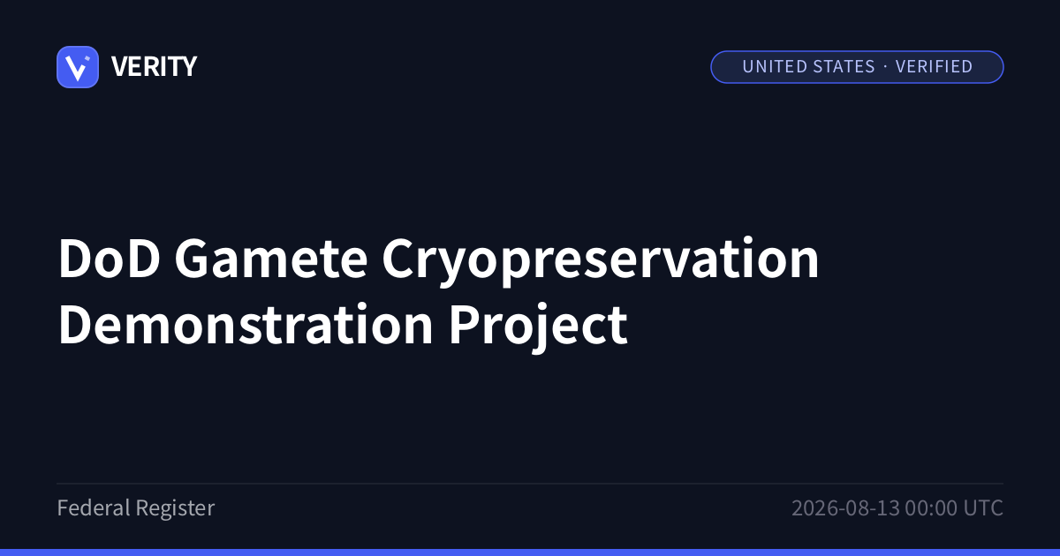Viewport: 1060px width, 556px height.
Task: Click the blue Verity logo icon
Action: pos(78,67)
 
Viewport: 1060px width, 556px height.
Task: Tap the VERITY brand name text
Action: pos(154,67)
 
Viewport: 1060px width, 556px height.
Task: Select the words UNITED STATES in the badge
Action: pos(808,67)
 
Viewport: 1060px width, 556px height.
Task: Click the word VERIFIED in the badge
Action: pos(935,67)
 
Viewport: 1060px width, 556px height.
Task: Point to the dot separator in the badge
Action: pos(885,67)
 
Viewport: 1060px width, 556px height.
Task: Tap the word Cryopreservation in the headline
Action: pos(600,261)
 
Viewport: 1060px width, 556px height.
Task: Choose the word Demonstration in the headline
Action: pos(246,326)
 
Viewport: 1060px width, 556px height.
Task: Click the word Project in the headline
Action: pos(538,327)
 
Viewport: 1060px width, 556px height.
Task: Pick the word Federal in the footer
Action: pos(94,507)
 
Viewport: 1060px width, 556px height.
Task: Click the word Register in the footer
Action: pos(175,509)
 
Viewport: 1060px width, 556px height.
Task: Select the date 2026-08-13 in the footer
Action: pos(845,508)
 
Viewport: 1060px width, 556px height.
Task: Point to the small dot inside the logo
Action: pos(87,58)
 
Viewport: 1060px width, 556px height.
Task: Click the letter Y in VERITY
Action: pos(187,67)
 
